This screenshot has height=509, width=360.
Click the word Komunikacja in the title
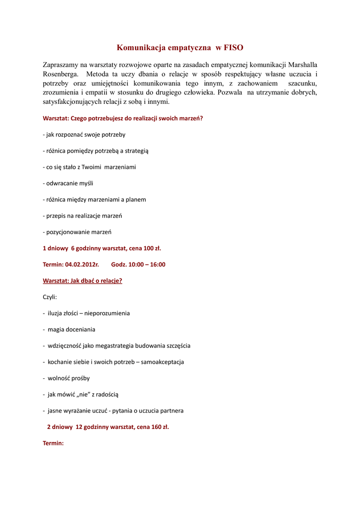(141, 48)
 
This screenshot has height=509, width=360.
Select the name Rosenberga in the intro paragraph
(61, 74)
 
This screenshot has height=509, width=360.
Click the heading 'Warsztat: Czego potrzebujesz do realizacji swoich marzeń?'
(123, 118)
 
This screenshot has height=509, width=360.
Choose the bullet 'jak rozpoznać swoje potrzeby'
(85, 135)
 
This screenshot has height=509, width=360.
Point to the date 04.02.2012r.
(82, 264)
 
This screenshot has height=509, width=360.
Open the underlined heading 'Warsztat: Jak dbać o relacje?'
(83, 280)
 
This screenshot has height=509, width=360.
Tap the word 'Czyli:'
(50, 297)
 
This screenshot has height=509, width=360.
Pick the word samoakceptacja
(162, 362)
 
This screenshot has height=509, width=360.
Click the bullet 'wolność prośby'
(69, 378)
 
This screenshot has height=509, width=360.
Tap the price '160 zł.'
(159, 426)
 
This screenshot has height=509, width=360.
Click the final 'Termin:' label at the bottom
(53, 443)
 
